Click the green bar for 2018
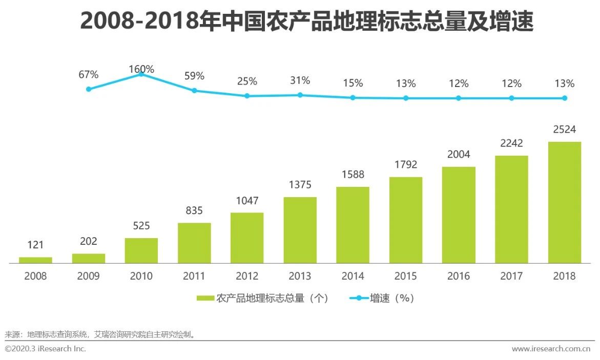(x=564, y=202)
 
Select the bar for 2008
(x=35, y=260)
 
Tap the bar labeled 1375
(x=300, y=230)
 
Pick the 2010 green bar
(x=141, y=250)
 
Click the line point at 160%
(x=141, y=75)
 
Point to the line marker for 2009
(x=89, y=89)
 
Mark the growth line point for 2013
(x=300, y=95)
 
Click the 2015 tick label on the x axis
(x=405, y=276)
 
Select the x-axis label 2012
(x=247, y=276)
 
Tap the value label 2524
(x=564, y=130)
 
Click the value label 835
(x=194, y=210)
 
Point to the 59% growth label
(x=194, y=76)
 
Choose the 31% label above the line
(x=300, y=80)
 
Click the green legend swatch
(x=205, y=298)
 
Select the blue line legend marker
(x=359, y=298)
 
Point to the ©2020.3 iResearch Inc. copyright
(x=45, y=349)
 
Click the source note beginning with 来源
(x=100, y=335)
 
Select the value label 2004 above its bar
(x=459, y=154)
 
